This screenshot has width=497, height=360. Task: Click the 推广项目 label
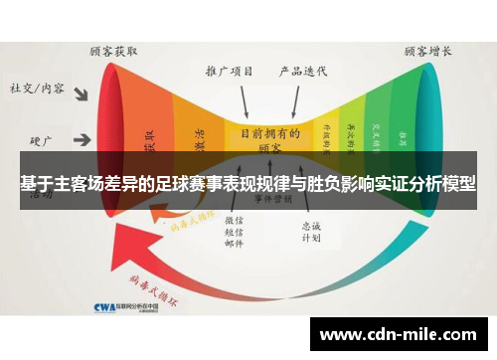point(229,71)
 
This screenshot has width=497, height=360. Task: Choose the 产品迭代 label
point(304,71)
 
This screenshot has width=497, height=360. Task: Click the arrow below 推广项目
point(243,100)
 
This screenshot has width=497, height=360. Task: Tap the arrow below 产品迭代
point(295,100)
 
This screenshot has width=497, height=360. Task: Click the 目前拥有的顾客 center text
point(268,137)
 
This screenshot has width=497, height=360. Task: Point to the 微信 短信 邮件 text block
point(235,230)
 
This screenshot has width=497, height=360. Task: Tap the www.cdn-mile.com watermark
point(404,335)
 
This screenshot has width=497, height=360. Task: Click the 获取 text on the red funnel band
point(151,138)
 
